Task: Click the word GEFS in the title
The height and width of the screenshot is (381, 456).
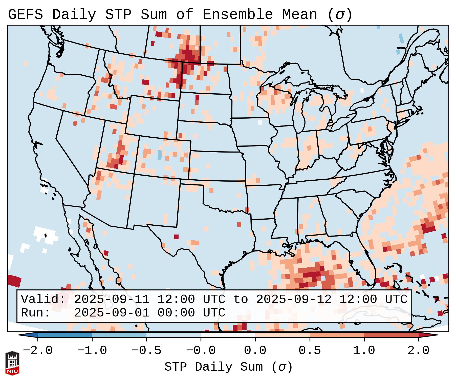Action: (x=25, y=15)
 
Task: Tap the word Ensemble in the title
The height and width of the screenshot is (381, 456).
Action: (x=237, y=15)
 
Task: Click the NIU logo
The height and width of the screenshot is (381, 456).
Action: (x=12, y=363)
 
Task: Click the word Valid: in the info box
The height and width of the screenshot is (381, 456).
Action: (x=43, y=300)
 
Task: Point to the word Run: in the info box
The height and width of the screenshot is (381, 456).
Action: (x=35, y=313)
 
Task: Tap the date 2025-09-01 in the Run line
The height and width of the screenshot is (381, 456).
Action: (x=112, y=313)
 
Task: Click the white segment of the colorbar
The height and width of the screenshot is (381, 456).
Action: (x=228, y=335)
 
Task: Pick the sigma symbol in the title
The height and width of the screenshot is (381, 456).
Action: (x=340, y=15)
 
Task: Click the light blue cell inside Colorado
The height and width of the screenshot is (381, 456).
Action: (x=160, y=155)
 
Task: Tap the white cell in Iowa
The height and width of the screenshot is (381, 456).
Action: (x=260, y=122)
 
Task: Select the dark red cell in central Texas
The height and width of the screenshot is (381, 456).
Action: (x=176, y=237)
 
